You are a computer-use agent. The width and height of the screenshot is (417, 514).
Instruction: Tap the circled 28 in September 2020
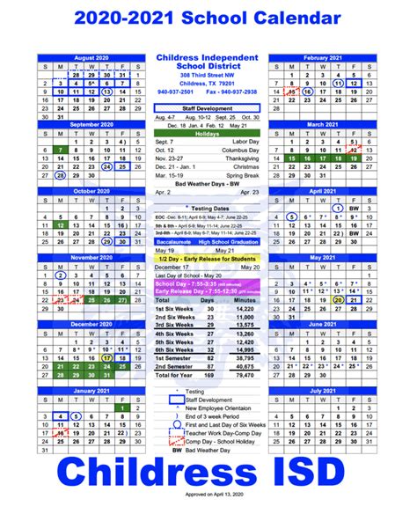coord(59,175)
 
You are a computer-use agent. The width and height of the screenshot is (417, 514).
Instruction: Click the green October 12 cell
coord(59,225)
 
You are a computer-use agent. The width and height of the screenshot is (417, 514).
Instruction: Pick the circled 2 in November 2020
coord(59,275)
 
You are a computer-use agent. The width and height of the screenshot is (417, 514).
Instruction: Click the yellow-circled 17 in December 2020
coord(106,358)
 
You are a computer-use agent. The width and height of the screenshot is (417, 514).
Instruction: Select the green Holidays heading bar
coord(208,133)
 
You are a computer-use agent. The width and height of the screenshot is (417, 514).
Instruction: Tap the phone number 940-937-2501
coord(175,91)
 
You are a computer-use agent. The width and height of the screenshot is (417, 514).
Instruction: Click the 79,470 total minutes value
coord(245,374)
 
